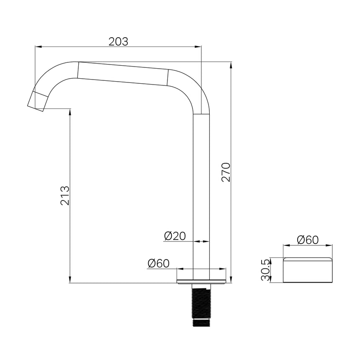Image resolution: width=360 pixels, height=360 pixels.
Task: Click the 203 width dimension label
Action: (x=118, y=41)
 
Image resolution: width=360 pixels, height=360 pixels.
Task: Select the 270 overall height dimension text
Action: (x=226, y=172)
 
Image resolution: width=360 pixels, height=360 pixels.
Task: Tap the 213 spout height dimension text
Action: (x=65, y=195)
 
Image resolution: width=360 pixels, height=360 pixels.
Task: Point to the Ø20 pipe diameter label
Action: (x=175, y=237)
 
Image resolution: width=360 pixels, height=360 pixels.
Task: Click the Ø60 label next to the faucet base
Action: (x=158, y=263)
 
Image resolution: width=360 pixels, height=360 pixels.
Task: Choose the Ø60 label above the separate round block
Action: (x=308, y=240)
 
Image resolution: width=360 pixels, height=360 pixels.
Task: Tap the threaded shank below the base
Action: (x=201, y=301)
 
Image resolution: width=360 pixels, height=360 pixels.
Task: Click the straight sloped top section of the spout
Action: (x=123, y=73)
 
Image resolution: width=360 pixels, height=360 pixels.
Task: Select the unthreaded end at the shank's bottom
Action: (x=201, y=323)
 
